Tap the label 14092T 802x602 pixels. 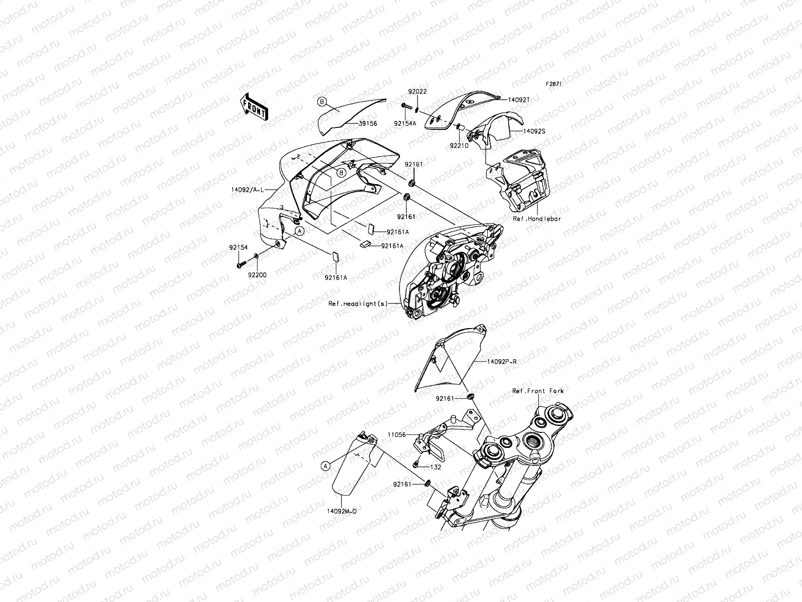click(518, 100)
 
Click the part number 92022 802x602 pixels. click(417, 92)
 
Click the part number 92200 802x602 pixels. click(257, 275)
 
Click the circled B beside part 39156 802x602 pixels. click(322, 102)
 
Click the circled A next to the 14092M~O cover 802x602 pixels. click(325, 466)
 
